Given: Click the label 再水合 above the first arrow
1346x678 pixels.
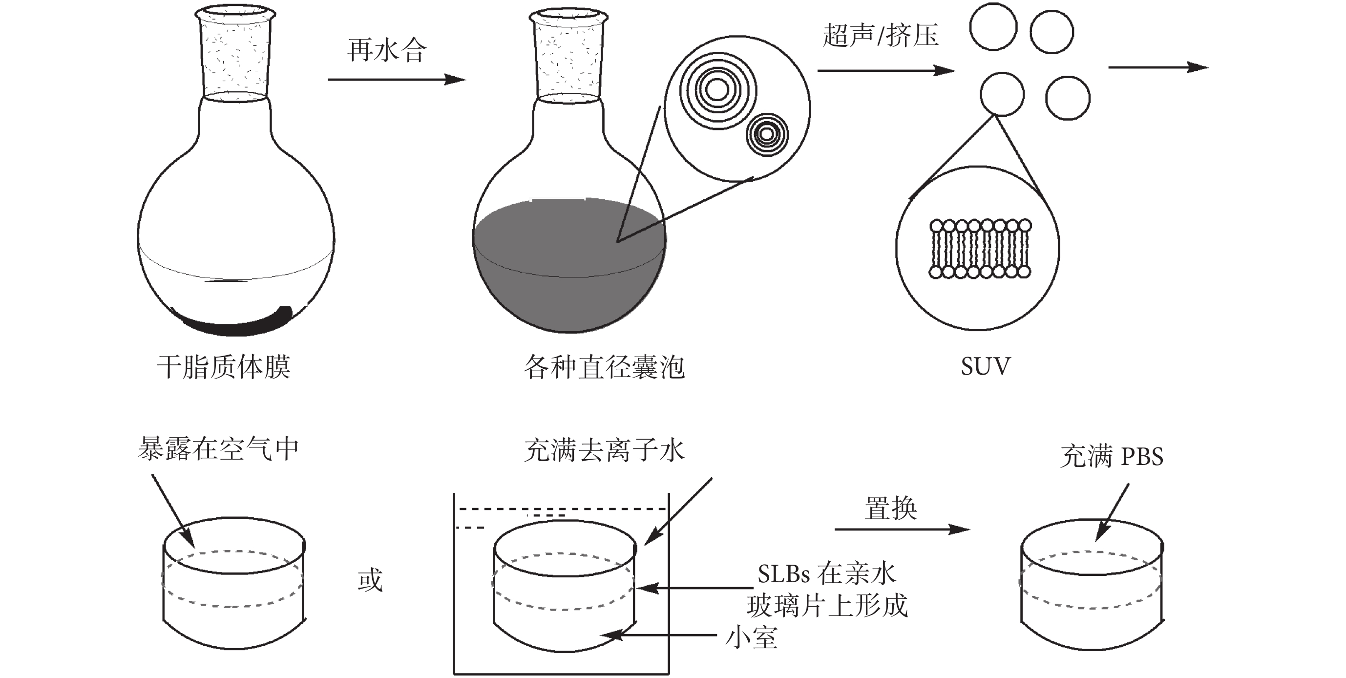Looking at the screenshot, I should tap(387, 51).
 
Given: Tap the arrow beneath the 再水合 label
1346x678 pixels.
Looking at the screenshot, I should tap(396, 80).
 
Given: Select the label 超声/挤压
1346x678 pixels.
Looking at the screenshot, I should tap(881, 36).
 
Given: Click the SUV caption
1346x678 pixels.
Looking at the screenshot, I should tap(986, 366).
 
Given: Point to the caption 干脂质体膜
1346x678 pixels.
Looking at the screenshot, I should tap(224, 366).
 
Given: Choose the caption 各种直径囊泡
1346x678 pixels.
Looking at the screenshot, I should tap(604, 367).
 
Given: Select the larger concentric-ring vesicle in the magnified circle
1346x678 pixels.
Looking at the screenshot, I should tap(717, 90).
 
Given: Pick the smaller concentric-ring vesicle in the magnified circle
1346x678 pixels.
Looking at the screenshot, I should tap(767, 134).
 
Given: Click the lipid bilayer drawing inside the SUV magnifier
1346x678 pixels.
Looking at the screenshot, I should tap(980, 249).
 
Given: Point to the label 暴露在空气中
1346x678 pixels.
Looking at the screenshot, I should tap(218, 448).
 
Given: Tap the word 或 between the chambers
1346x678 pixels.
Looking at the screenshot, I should tap(370, 580).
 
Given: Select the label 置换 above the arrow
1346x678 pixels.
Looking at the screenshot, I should tap(890, 508).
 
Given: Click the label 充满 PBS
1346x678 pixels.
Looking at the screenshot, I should tap(1112, 456).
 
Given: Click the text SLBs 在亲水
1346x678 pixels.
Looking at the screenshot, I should tap(827, 574).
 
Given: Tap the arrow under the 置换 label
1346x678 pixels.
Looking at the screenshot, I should tap(902, 530).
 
